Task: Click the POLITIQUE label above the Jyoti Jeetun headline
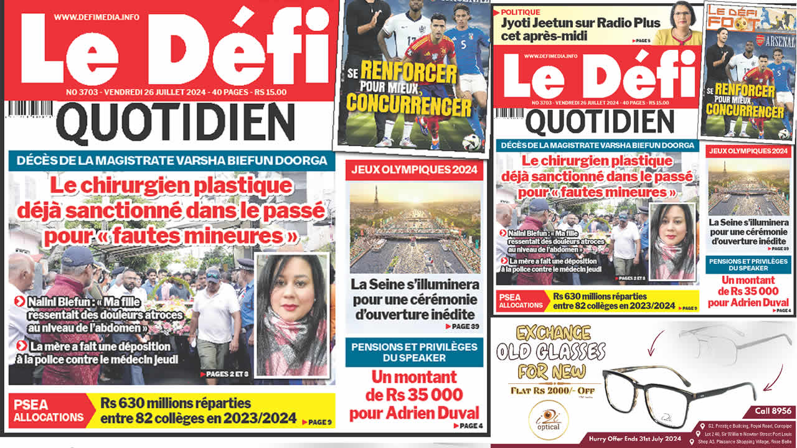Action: (521, 12)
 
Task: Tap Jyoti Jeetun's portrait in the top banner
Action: (682, 23)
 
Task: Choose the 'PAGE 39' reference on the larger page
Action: (462, 327)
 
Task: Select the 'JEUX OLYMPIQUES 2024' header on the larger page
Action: (414, 170)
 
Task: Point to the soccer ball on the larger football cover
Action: (471, 142)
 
